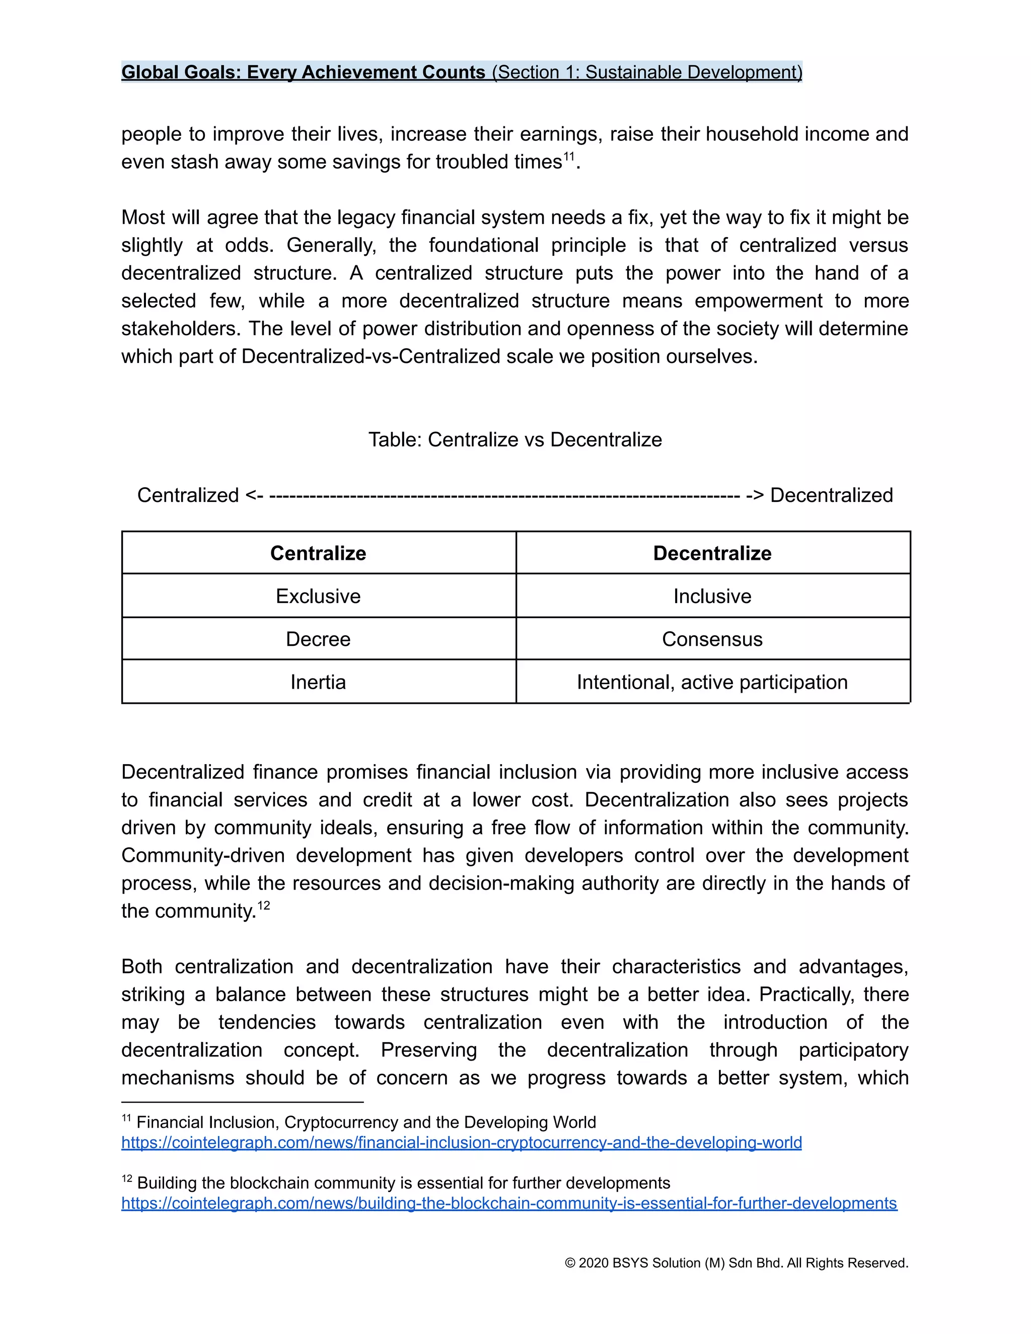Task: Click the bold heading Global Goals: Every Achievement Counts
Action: pos(303,72)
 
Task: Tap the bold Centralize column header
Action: pos(318,553)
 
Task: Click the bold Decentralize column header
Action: pos(712,553)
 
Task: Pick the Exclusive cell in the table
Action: pos(318,596)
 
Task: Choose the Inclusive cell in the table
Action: pos(712,596)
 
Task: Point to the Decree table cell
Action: pos(318,639)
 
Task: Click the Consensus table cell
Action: pos(712,639)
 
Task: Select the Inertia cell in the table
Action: pos(318,682)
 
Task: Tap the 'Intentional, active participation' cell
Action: pos(712,682)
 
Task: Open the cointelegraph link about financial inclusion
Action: pos(461,1142)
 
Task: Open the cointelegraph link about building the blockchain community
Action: pos(509,1203)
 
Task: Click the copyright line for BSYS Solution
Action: pos(736,1263)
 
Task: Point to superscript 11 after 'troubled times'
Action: pos(569,157)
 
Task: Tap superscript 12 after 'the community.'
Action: pos(263,905)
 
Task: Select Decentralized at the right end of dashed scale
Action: pos(831,495)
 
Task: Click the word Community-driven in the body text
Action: pos(203,855)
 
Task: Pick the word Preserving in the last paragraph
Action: pos(429,1050)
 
